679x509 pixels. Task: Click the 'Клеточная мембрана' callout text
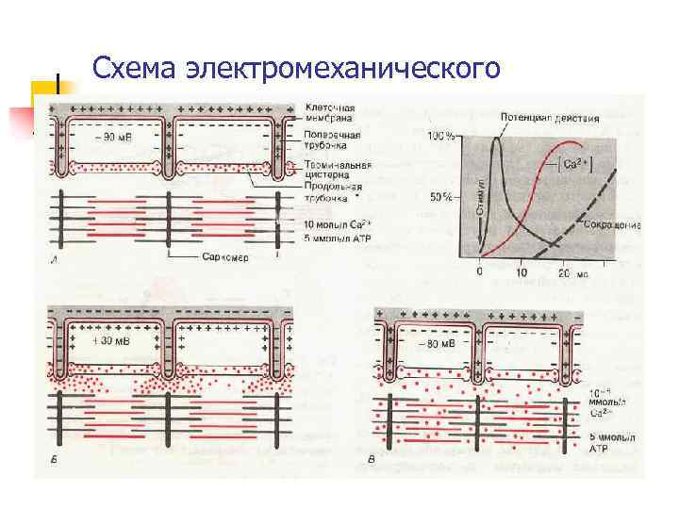coord(330,113)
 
